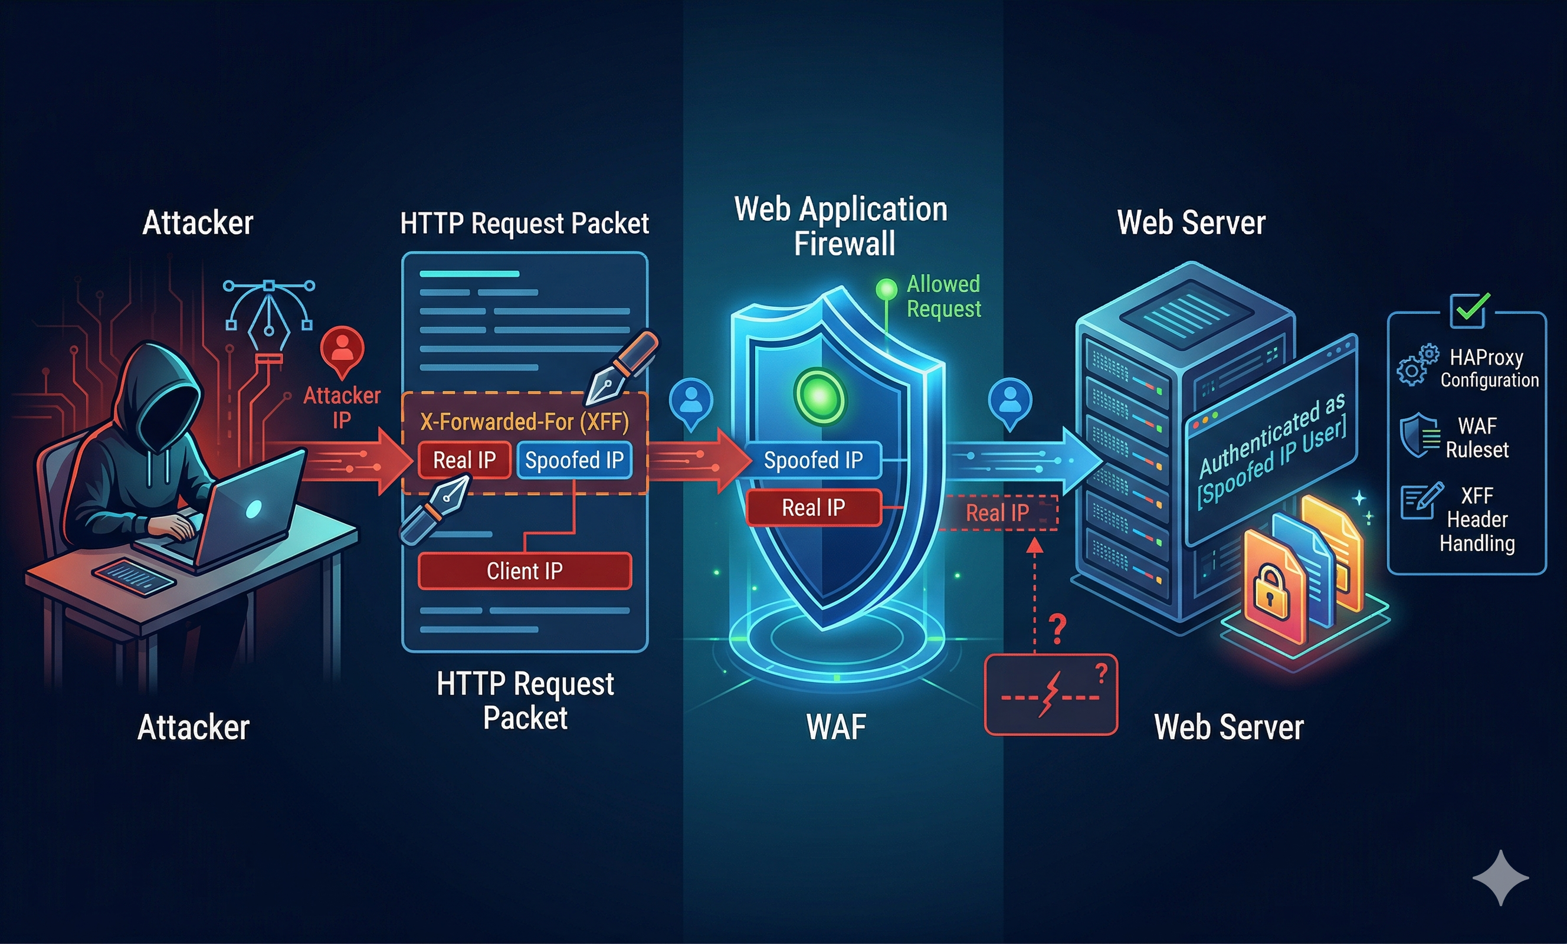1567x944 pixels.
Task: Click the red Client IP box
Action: [x=524, y=571]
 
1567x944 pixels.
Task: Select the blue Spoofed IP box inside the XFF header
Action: [x=574, y=460]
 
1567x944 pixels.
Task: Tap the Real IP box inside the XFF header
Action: [x=464, y=460]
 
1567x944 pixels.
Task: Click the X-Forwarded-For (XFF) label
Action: [x=524, y=422]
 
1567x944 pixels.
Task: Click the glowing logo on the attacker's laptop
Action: [x=253, y=508]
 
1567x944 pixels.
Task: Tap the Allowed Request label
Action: [x=943, y=296]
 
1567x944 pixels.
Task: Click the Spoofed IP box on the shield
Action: [x=814, y=459]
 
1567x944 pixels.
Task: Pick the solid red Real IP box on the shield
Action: [x=814, y=507]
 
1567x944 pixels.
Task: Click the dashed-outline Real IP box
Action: [x=998, y=513]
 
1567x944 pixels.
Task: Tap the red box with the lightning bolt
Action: [x=1051, y=694]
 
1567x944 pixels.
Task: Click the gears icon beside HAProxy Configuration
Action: [x=1418, y=365]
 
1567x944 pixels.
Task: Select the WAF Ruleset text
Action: [x=1477, y=438]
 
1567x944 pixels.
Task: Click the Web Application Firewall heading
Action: [x=841, y=226]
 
